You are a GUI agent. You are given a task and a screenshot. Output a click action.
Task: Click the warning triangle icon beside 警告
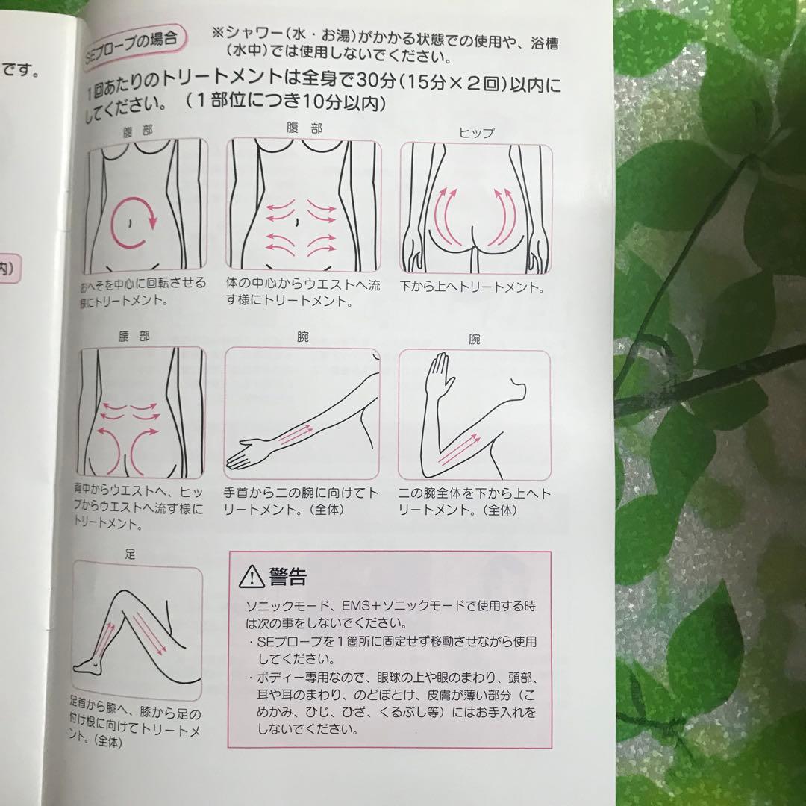(x=250, y=576)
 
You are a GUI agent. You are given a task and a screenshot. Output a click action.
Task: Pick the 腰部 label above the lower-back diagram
(x=134, y=337)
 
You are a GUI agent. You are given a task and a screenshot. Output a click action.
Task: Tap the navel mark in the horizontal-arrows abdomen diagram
(x=298, y=222)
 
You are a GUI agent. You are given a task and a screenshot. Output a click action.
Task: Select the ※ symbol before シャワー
(x=218, y=35)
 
